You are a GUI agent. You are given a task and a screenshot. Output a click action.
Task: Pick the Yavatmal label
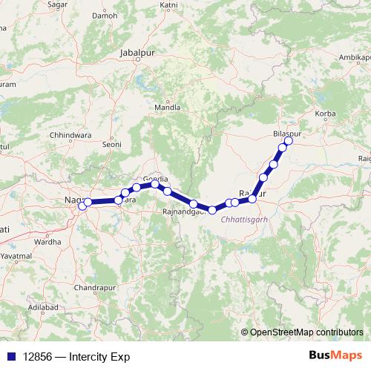coord(16,255)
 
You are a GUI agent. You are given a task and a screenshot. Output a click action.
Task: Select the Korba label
coord(326,114)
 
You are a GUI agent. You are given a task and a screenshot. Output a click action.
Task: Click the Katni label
coord(169,4)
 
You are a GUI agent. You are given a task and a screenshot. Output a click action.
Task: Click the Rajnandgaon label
coord(184,212)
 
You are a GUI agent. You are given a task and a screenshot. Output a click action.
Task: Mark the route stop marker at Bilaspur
coord(289,141)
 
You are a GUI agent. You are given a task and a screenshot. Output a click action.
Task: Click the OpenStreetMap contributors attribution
coord(306,333)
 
